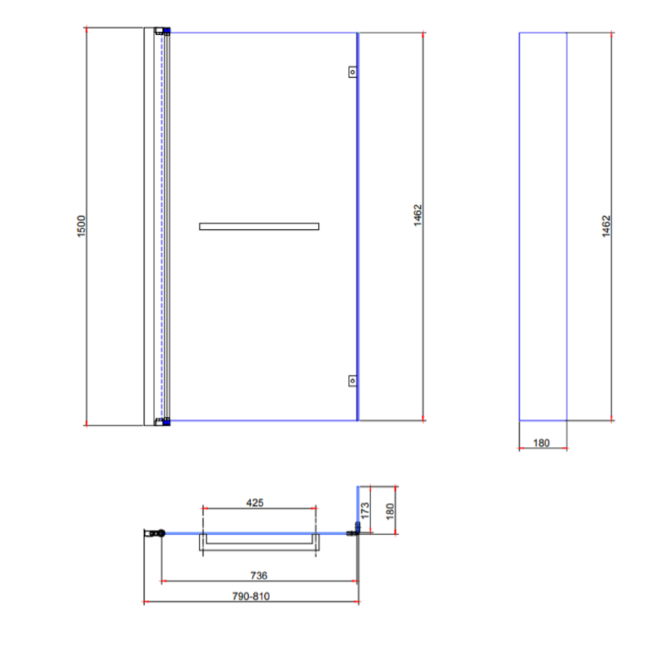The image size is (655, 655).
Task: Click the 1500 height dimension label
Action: (82, 226)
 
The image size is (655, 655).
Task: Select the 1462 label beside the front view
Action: (418, 216)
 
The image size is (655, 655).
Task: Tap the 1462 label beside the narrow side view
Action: (606, 226)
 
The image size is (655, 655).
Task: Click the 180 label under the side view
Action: (541, 442)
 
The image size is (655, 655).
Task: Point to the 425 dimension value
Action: (255, 502)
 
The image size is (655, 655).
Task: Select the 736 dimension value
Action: (258, 575)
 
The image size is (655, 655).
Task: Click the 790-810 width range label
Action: (251, 596)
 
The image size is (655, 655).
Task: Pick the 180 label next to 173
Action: (390, 509)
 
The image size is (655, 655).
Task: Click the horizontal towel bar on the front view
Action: (259, 226)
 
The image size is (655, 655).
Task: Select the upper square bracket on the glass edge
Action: (352, 73)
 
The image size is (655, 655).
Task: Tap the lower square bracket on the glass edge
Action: (352, 380)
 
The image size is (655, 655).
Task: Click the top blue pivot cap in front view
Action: (167, 31)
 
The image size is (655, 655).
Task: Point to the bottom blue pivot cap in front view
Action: (167, 421)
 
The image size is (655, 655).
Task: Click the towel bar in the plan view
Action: (259, 542)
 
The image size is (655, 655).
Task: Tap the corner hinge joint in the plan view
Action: (355, 530)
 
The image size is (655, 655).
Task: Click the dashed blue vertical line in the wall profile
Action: (160, 226)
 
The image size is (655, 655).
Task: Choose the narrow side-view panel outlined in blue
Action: (543, 226)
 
